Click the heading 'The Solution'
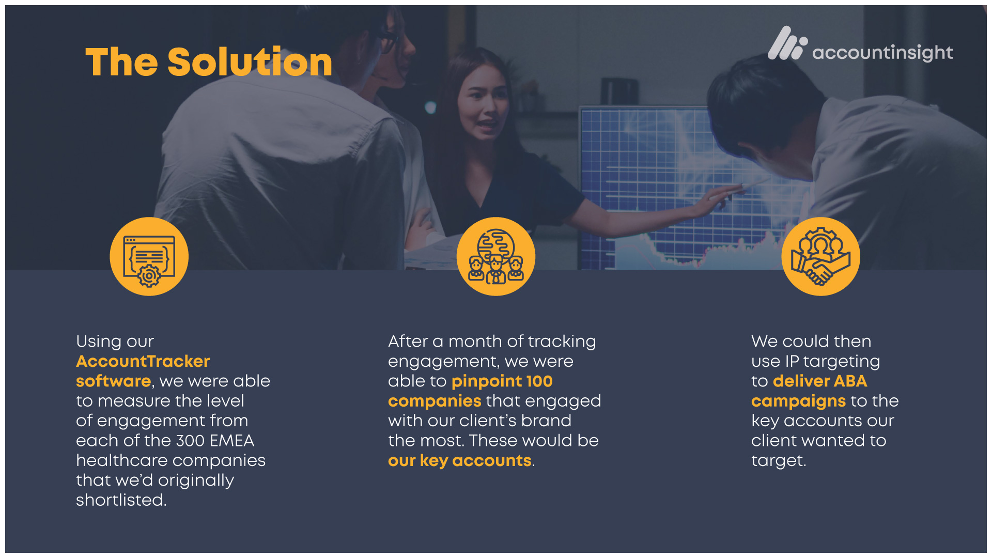click(x=209, y=61)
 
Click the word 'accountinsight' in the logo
click(x=882, y=53)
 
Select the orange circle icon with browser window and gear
click(x=149, y=256)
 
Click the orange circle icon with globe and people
click(x=496, y=256)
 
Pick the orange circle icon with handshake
click(x=820, y=256)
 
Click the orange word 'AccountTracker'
click(x=143, y=361)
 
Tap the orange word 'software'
click(x=113, y=381)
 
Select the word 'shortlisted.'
click(x=121, y=500)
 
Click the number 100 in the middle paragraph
click(x=539, y=381)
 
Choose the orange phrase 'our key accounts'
click(x=460, y=461)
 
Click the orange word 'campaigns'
click(x=798, y=401)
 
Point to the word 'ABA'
click(x=850, y=381)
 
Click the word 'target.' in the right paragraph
click(x=779, y=461)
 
